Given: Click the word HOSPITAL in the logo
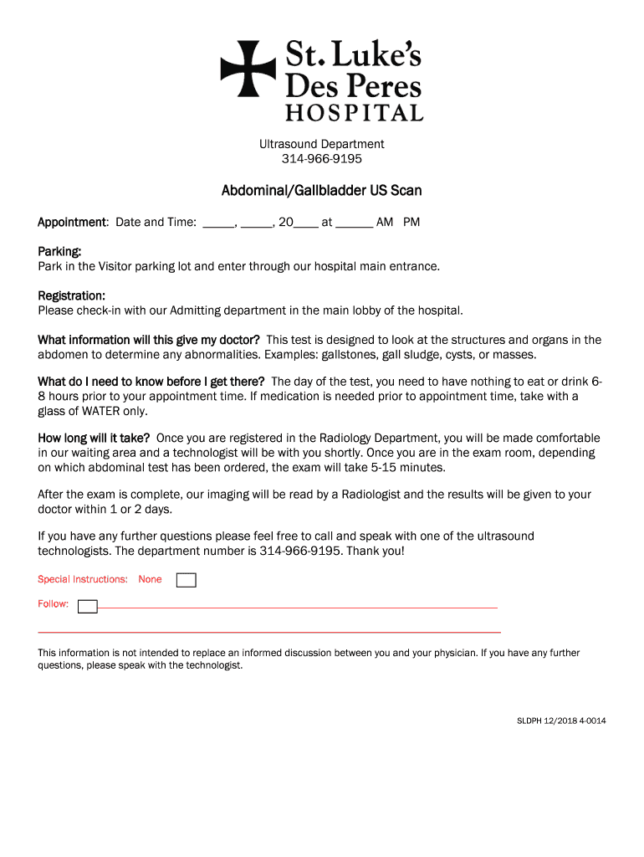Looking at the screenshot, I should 354,112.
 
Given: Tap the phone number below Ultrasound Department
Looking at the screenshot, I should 321,159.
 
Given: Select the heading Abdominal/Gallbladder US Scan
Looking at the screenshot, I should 321,191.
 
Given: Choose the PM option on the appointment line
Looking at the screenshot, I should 411,223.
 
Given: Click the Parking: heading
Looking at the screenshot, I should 59,252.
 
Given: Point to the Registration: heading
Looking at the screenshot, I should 71,296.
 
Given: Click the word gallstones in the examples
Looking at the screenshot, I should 352,355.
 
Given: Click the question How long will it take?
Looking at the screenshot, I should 94,439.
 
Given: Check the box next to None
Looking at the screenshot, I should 187,580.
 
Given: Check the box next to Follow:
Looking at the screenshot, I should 88,607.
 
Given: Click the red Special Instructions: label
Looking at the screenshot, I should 83,579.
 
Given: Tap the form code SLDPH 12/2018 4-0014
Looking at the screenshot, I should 560,721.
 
